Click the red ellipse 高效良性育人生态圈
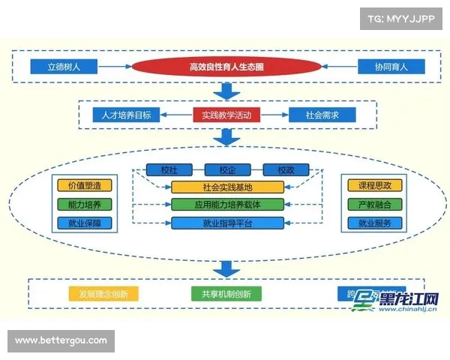click(x=225, y=67)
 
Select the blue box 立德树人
click(x=64, y=67)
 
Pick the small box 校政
click(x=286, y=169)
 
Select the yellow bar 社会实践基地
click(x=227, y=187)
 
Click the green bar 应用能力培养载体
click(x=227, y=204)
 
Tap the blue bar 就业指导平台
click(x=227, y=222)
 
